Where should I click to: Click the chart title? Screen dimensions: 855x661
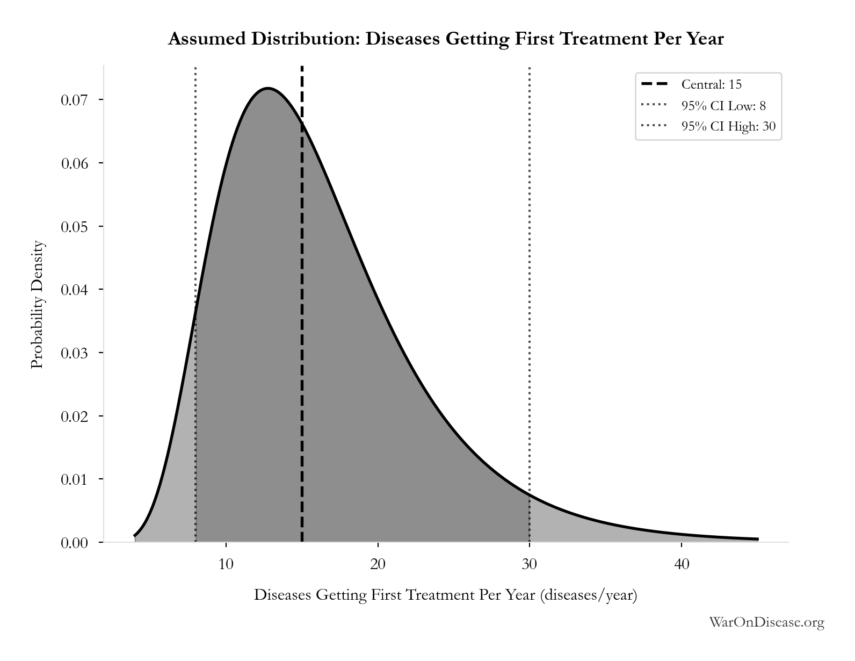coord(446,39)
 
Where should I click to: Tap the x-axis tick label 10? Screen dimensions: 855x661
coord(226,564)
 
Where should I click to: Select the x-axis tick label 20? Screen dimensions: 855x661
coord(378,564)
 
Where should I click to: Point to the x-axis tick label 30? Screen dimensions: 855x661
coord(530,564)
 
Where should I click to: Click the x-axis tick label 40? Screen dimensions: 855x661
coord(682,564)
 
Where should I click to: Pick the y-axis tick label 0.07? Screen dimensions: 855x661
coord(74,100)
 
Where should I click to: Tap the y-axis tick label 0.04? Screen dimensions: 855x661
coord(74,290)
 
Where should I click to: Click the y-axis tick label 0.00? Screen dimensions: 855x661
coord(74,543)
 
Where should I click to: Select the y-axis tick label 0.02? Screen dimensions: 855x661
coord(74,416)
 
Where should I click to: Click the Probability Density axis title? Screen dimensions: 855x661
coord(38,304)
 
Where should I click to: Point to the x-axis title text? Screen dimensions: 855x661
coord(445,595)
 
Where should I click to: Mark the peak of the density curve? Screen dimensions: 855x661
coord(268,88)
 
